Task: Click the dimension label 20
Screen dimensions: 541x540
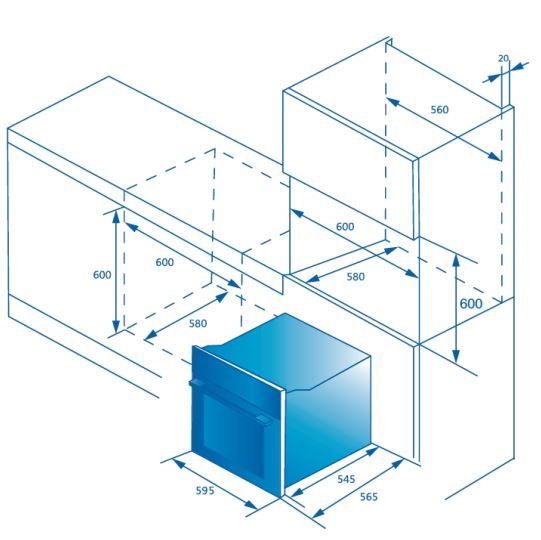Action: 503,59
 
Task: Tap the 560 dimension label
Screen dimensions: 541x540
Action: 440,110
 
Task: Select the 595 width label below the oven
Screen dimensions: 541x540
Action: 205,490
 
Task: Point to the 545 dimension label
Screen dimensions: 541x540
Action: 346,479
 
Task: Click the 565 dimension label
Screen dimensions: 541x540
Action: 369,497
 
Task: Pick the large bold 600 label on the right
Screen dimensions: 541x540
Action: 471,304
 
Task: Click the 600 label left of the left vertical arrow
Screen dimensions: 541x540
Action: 102,275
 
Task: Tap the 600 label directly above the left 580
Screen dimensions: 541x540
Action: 165,262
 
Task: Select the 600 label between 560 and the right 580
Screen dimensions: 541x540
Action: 345,227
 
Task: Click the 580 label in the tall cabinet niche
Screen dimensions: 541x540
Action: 356,277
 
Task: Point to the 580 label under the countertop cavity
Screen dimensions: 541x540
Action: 198,324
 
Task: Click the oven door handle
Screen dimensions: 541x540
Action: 230,401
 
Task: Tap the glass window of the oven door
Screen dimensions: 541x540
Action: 234,435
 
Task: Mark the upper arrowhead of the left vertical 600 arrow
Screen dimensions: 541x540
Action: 116,216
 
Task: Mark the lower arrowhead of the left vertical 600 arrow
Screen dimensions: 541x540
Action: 116,327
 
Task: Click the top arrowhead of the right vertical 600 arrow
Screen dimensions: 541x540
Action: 456,262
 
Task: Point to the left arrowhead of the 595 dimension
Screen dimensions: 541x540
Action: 179,463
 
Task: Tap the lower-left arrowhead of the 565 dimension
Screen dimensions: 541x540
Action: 318,513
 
